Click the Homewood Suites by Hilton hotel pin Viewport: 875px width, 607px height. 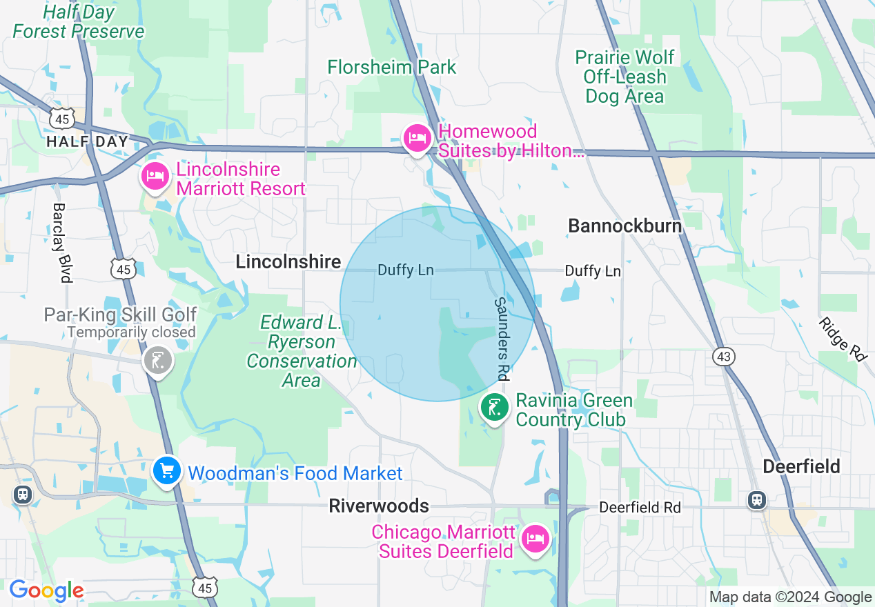[417, 139]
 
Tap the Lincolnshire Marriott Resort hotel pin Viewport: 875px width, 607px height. [155, 177]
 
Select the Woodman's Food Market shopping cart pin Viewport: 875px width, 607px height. [166, 472]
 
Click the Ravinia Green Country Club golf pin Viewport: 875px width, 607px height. [494, 408]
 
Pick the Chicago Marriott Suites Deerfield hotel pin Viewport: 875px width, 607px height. [535, 538]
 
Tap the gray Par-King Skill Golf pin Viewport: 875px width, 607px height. [157, 359]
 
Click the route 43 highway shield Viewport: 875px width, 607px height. [724, 357]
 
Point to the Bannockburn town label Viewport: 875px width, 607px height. [625, 226]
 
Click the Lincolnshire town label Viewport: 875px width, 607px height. [288, 262]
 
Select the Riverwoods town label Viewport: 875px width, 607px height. [379, 506]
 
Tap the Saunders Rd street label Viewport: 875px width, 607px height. [502, 339]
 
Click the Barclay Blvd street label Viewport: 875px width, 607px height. [62, 243]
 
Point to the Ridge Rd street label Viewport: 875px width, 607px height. [843, 339]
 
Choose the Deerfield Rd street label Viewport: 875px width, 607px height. [640, 508]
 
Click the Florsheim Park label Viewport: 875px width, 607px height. [392, 68]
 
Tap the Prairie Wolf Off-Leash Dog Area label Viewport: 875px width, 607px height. [625, 77]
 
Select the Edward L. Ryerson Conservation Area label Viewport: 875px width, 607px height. [302, 351]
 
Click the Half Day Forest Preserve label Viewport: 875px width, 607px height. [79, 21]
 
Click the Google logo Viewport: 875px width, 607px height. [46, 590]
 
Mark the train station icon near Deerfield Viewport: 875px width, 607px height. [757, 499]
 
